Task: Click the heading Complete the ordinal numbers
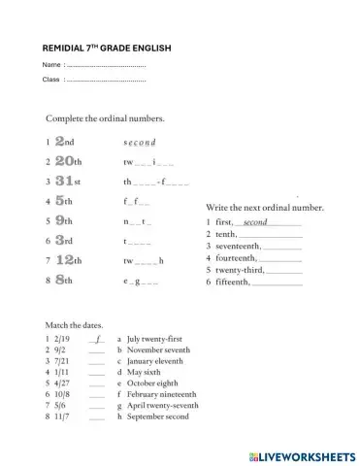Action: click(105, 117)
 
